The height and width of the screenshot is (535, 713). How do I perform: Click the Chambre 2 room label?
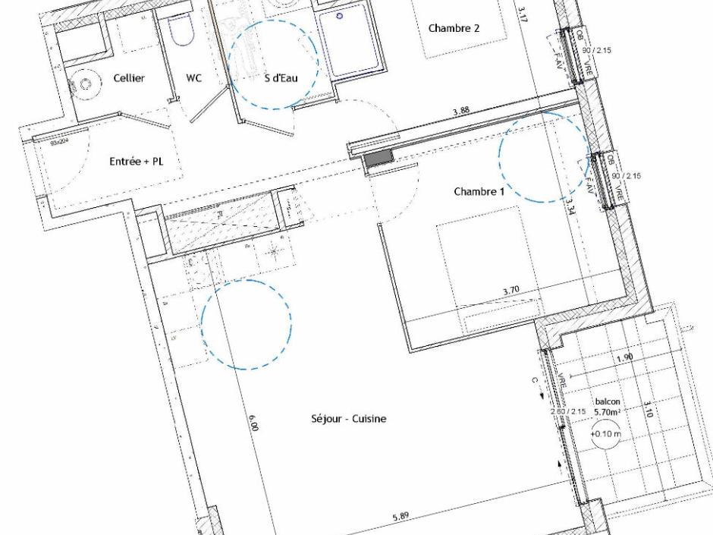point(454,29)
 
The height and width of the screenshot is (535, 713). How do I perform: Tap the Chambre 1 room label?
point(479,192)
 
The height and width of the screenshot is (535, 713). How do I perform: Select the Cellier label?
point(129,79)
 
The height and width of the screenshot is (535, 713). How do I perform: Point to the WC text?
point(194,79)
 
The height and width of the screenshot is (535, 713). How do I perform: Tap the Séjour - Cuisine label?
point(349,418)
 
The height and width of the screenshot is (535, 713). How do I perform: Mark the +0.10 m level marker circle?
point(605,435)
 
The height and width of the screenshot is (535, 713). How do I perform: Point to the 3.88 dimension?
point(460,112)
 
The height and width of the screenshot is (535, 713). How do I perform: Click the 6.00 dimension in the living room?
point(254,423)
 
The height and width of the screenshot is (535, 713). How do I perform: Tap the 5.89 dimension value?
point(400,518)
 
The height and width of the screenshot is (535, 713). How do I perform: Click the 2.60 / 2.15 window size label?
point(568,412)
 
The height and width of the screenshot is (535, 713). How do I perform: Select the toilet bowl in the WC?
point(180,29)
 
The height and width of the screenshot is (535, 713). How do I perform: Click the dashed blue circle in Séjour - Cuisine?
point(247,324)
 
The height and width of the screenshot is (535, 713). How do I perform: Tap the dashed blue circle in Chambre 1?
point(543,157)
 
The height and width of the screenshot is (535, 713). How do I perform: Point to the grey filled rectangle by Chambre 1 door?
point(378,158)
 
